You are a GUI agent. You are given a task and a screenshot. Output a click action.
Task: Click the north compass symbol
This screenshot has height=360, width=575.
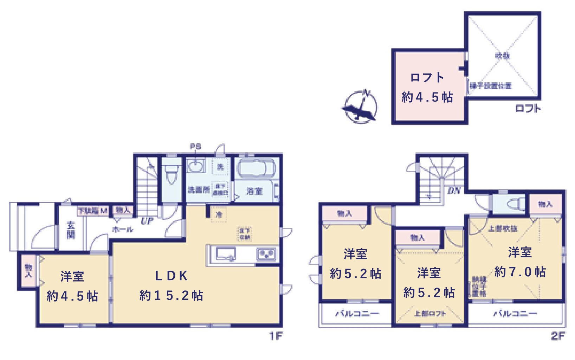(x=360, y=107)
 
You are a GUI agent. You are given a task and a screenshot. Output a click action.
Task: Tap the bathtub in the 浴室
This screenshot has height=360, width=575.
(x=256, y=168)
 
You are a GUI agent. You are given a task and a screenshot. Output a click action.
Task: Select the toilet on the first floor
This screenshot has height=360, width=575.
(x=172, y=174)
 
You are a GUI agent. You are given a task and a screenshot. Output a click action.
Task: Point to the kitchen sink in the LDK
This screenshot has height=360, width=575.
(x=225, y=253)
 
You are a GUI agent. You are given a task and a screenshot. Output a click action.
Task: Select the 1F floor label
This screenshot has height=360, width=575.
(x=276, y=336)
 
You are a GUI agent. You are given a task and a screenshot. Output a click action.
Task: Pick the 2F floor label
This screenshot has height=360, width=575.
(x=558, y=336)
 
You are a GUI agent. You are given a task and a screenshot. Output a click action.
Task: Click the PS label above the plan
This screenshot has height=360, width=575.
(x=195, y=146)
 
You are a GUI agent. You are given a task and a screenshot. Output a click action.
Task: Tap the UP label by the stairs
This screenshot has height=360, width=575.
(x=147, y=221)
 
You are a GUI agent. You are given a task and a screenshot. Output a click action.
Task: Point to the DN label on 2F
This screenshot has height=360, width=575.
(x=454, y=191)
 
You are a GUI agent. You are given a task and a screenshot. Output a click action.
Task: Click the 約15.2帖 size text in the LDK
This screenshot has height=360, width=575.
(x=171, y=295)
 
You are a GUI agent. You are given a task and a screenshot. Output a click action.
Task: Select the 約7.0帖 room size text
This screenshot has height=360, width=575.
(x=520, y=272)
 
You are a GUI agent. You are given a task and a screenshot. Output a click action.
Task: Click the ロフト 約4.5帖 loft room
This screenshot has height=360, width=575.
(x=427, y=87)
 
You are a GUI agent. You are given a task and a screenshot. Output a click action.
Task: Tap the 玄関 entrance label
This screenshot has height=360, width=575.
(x=71, y=230)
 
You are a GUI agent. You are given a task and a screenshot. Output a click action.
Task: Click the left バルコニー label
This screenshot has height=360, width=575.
(x=357, y=314)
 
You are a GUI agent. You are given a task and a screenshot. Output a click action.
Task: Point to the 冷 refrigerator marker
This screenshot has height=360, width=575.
(x=219, y=214)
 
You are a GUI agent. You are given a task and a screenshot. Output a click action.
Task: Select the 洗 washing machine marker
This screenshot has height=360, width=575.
(x=220, y=167)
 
